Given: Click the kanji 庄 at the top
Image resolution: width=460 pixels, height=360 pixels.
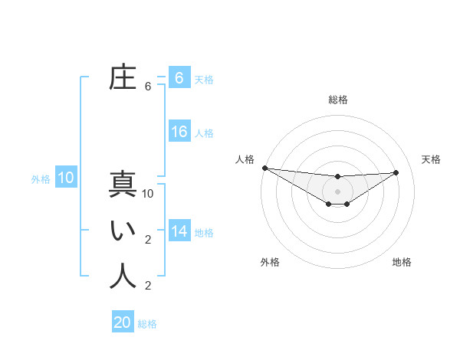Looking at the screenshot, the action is point(123,79).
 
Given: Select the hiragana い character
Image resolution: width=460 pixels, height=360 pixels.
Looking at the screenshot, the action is point(123,231).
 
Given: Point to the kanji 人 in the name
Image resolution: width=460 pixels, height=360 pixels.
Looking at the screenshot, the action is point(123,276).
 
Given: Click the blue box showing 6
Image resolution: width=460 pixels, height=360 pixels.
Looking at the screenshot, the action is point(179,77).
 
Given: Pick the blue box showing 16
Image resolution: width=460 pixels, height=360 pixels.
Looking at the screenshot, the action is point(179,132).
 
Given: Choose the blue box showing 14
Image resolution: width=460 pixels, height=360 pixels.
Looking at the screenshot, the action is point(179,231).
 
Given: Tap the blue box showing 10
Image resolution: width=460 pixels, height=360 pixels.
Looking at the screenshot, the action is point(66,178).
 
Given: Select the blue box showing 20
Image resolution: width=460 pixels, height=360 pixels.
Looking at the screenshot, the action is point(123,322).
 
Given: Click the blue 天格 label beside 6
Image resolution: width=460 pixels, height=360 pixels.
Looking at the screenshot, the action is point(204,79).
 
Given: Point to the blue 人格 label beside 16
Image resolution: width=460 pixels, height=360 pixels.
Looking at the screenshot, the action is point(204,133).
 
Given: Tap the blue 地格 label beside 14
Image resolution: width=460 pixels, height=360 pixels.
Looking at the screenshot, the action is point(204,233).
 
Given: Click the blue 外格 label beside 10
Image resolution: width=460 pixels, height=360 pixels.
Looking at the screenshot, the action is point(41,180).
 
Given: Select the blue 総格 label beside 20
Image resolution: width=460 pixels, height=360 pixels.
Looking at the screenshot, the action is point(147,324).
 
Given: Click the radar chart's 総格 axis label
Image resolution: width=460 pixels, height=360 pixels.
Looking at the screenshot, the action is point(337,100).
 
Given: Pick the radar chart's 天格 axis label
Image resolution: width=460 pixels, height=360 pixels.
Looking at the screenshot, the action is point(432,159).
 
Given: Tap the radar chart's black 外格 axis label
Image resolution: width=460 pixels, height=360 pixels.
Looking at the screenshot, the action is point(270,262).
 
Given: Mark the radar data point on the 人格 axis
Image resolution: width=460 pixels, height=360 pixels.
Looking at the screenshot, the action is point(264,168).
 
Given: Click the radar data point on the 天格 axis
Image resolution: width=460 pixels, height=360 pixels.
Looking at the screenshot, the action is point(396,172).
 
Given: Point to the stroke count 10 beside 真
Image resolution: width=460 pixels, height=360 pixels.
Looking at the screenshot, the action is point(148,194).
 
